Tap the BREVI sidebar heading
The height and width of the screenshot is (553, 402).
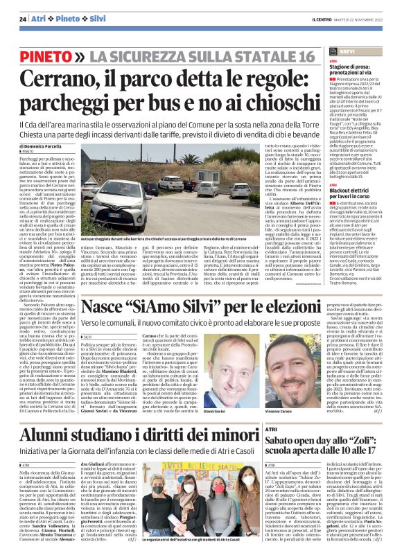[347, 52]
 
